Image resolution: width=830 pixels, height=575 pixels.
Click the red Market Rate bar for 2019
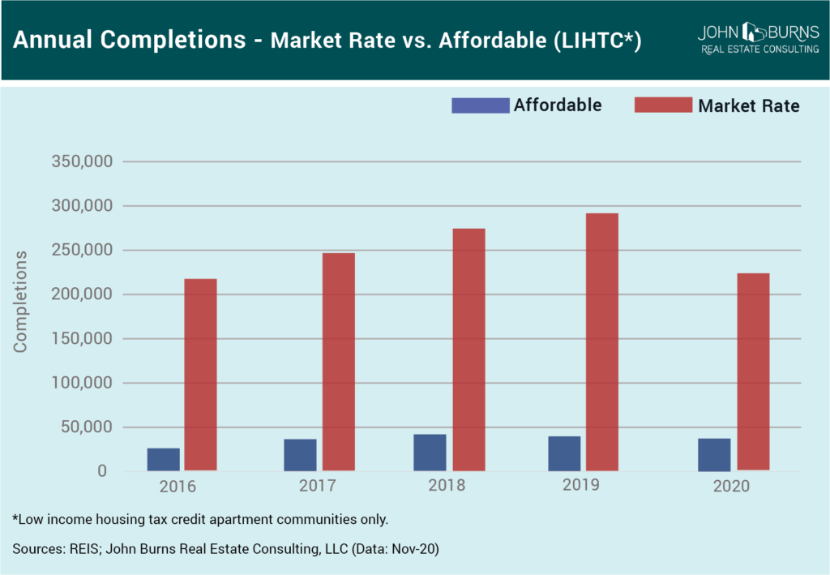point(601,341)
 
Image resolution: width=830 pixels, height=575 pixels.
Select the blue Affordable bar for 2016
point(164,459)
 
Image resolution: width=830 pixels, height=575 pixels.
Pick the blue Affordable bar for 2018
point(430,453)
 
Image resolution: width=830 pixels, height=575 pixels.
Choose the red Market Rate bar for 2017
point(338,361)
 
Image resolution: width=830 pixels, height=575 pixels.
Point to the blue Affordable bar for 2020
point(714,454)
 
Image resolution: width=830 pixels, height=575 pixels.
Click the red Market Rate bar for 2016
point(200,374)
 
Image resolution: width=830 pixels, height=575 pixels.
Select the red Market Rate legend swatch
point(663,105)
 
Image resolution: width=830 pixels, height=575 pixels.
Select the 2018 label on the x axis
point(447,486)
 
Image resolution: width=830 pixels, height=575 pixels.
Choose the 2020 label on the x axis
point(732,487)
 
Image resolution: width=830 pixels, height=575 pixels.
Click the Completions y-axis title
point(20,301)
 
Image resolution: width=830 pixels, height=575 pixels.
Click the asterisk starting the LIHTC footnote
point(15,517)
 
